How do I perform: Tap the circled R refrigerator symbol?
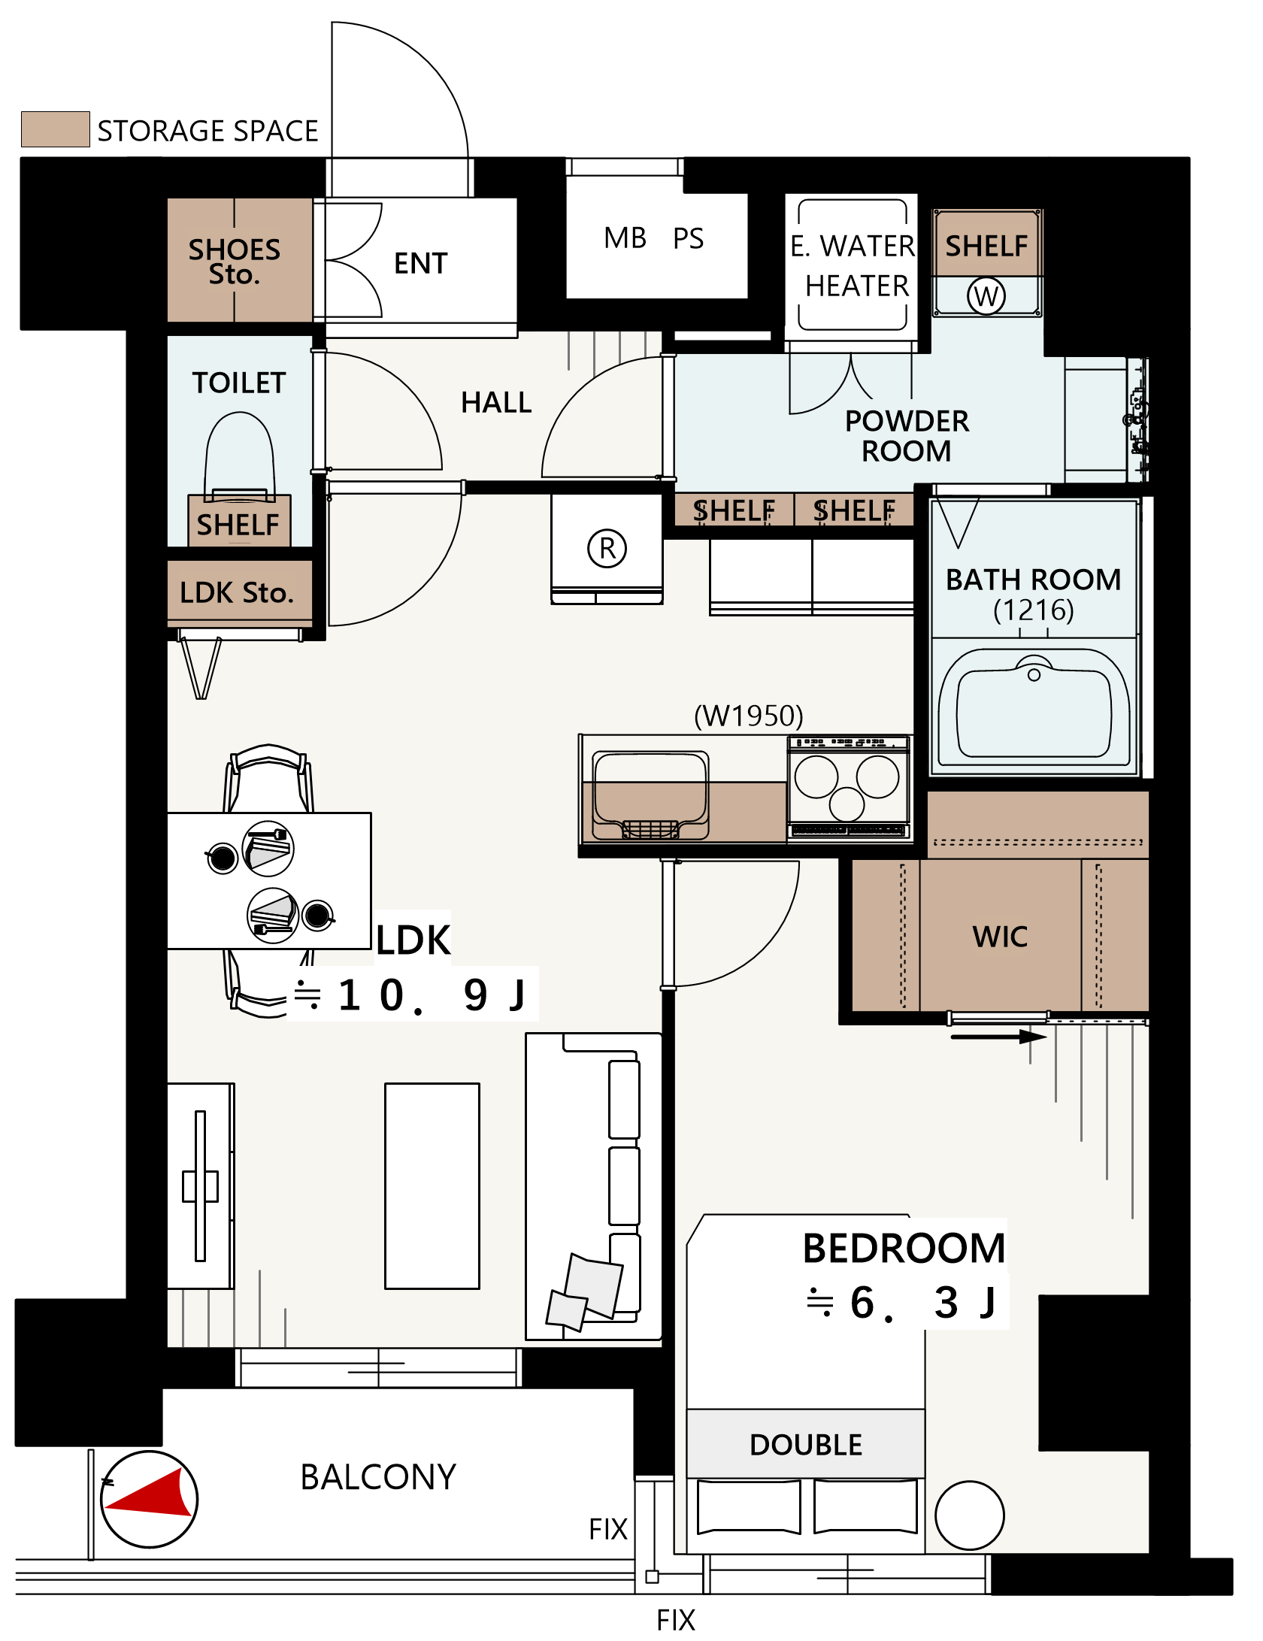(607, 548)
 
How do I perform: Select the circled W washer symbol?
(986, 295)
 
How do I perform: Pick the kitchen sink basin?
(651, 795)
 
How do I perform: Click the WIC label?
(1000, 937)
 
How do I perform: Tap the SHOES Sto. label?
(235, 261)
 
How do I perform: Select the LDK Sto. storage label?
(236, 592)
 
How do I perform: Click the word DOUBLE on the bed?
(806, 1445)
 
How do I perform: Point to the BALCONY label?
(378, 1477)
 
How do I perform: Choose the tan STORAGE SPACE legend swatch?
(56, 129)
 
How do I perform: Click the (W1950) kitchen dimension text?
(748, 716)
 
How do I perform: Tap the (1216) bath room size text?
(1034, 610)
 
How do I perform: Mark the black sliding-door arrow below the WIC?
(998, 1037)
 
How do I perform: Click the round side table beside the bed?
(970, 1515)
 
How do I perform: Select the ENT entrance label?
(421, 263)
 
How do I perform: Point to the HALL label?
(496, 402)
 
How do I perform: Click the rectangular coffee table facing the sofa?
(432, 1185)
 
